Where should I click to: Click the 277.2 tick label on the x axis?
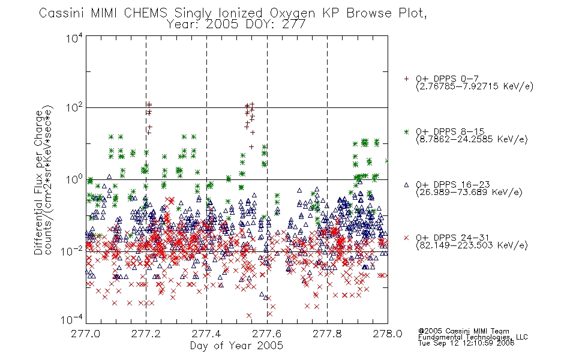pos(146,334)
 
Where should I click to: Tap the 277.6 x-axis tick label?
pos(267,334)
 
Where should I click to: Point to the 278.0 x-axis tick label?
pos(388,334)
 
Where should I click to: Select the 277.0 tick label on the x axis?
pos(85,334)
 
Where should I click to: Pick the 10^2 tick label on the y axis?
pos(74,107)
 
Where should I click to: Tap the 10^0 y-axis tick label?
pos(74,179)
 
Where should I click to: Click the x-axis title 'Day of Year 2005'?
pos(236,346)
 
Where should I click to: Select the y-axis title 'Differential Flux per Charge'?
pos(38,182)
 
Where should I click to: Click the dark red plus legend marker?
pos(406,79)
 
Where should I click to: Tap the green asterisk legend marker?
pos(406,132)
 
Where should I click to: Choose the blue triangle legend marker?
pos(406,185)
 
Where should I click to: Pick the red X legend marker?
pos(406,238)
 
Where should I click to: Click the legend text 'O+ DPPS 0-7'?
pos(447,79)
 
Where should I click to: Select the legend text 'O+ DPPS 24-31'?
pos(452,238)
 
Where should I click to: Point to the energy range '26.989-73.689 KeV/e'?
pos(469,192)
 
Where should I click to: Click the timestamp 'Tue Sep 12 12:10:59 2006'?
pos(466,343)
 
